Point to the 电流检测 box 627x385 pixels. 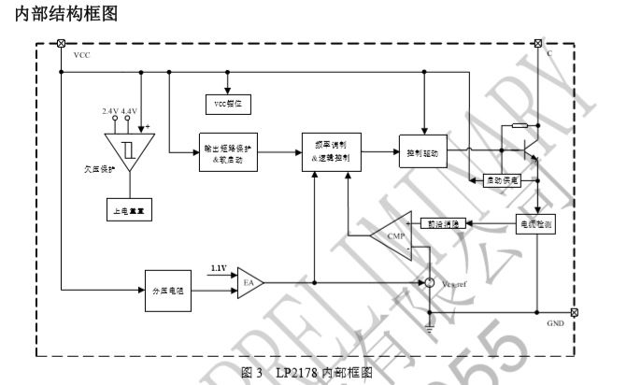537,223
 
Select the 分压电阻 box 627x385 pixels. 168,290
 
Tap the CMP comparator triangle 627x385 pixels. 388,235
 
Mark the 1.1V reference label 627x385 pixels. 220,267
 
